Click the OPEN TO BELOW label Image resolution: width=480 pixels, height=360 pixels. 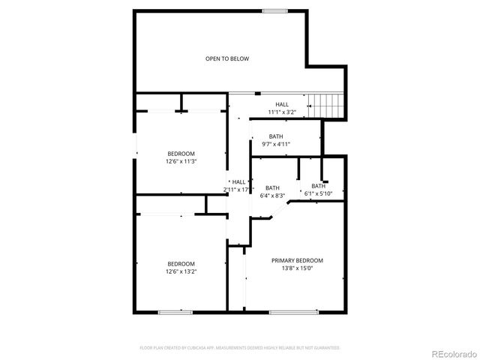click(x=227, y=58)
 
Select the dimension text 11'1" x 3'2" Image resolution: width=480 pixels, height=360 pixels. click(x=282, y=112)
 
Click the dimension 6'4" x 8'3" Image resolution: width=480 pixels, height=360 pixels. click(x=272, y=195)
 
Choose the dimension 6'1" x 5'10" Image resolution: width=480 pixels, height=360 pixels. click(x=319, y=193)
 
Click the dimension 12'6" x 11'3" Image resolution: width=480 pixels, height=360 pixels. click(x=181, y=161)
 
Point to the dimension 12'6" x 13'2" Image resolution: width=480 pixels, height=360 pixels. click(x=181, y=271)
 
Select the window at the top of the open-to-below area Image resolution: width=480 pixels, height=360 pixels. click(x=274, y=10)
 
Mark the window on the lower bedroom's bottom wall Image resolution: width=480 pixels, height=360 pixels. click(x=170, y=311)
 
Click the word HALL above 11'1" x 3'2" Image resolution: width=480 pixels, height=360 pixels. click(x=282, y=105)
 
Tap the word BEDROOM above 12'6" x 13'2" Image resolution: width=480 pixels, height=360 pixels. click(x=181, y=264)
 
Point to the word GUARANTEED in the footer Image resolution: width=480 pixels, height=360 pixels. click(x=325, y=348)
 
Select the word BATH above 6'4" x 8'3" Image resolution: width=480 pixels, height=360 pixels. click(x=272, y=188)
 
